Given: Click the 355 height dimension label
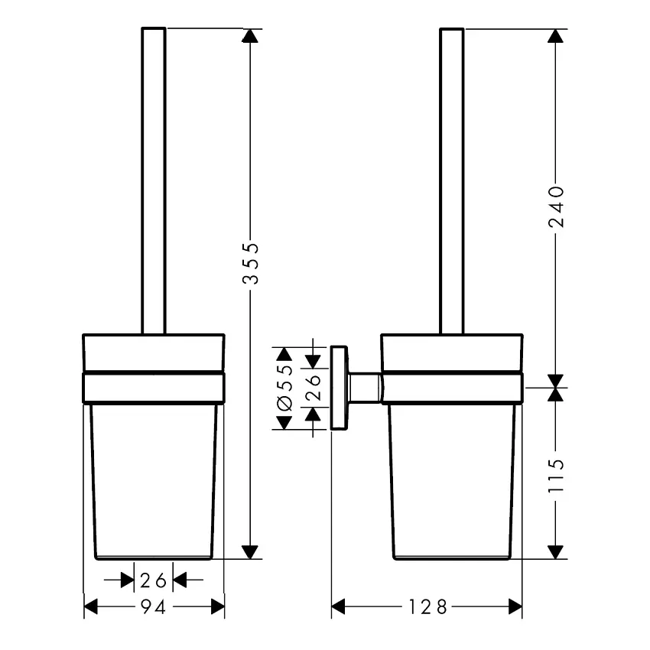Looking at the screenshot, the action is [251, 264].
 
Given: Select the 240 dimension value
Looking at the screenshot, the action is [556, 207].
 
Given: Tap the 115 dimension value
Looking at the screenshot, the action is [556, 476].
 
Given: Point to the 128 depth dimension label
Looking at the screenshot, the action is [427, 607].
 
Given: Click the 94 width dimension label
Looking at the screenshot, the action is [154, 607].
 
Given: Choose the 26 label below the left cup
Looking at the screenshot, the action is [153, 580].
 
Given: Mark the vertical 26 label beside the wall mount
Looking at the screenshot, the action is [314, 387].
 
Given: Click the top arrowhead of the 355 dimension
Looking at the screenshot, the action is [250, 36].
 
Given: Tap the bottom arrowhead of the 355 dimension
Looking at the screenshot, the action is [250, 552].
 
